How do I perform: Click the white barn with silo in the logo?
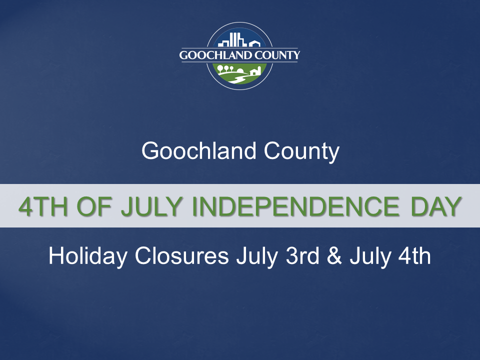tap(254, 71)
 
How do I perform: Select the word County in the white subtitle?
tap(301, 150)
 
